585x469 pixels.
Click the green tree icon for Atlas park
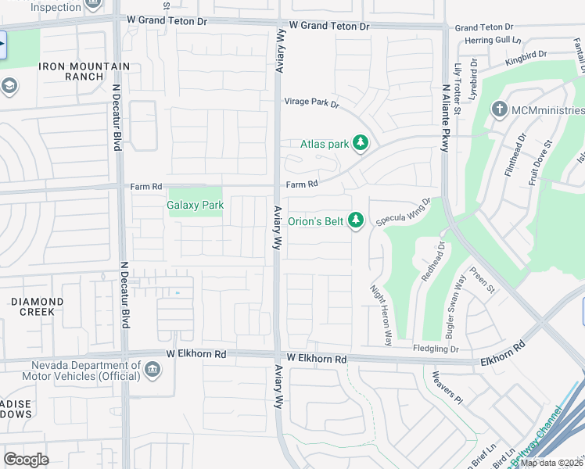click(x=360, y=143)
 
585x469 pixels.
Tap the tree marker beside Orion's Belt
click(x=356, y=221)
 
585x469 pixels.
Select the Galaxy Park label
click(x=196, y=206)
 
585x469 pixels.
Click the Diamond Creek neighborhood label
click(x=37, y=306)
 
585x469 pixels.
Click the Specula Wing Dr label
click(x=403, y=213)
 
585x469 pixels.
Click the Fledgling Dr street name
click(x=436, y=349)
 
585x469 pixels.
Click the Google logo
click(x=26, y=460)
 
